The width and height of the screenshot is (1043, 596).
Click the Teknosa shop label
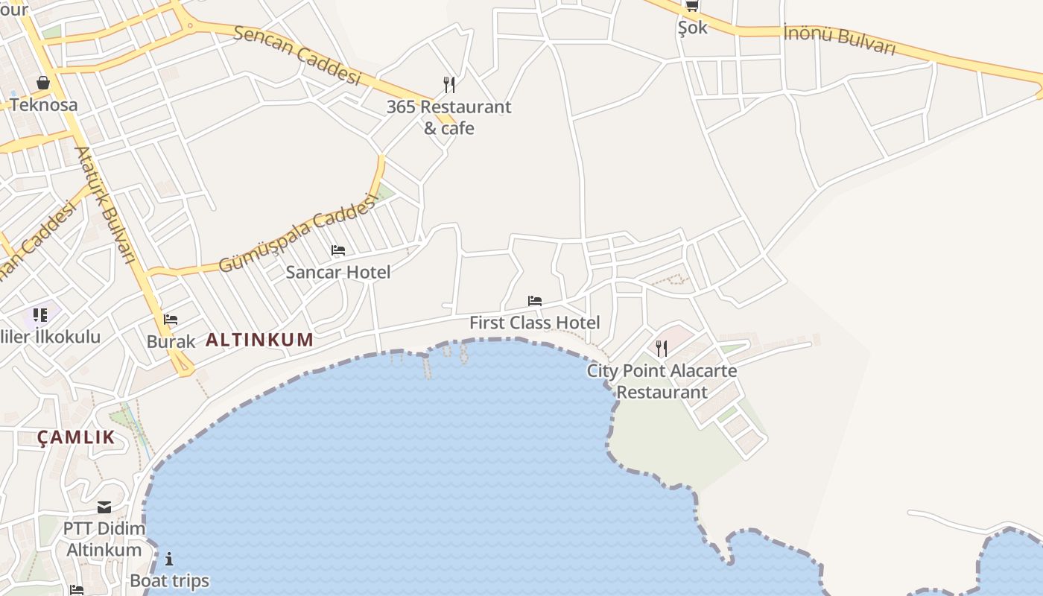(x=43, y=104)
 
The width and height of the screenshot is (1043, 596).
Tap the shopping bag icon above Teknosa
(x=43, y=83)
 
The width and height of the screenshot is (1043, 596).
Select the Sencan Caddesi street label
(x=297, y=55)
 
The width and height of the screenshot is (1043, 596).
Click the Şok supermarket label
(x=692, y=28)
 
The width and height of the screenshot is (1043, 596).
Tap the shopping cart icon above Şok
(x=692, y=6)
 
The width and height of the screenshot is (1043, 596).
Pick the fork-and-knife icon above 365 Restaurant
(x=448, y=85)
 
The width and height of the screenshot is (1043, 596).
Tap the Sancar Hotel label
(x=338, y=272)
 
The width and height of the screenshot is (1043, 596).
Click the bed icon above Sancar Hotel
(x=338, y=250)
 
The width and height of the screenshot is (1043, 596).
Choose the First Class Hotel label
(x=534, y=323)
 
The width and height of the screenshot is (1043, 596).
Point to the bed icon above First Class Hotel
(x=534, y=301)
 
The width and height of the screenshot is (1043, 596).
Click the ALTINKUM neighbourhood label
(x=259, y=340)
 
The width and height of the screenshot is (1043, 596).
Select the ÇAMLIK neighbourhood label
(x=77, y=437)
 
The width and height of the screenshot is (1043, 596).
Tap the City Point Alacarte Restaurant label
(x=662, y=381)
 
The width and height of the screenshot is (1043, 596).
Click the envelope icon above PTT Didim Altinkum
(x=104, y=507)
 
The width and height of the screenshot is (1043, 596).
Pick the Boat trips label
(x=169, y=580)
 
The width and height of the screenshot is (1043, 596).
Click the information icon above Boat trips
(x=169, y=559)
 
